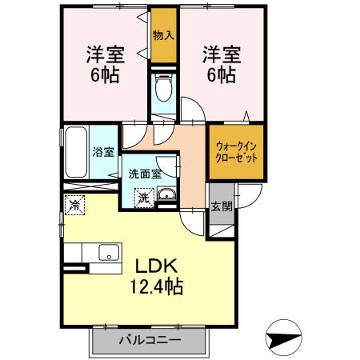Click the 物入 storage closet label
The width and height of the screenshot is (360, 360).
(165, 35)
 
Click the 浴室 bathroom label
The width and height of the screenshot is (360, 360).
(102, 151)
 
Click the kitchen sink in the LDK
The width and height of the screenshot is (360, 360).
(106, 253)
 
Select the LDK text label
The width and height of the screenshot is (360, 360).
(159, 266)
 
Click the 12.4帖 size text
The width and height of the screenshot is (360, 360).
(158, 286)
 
